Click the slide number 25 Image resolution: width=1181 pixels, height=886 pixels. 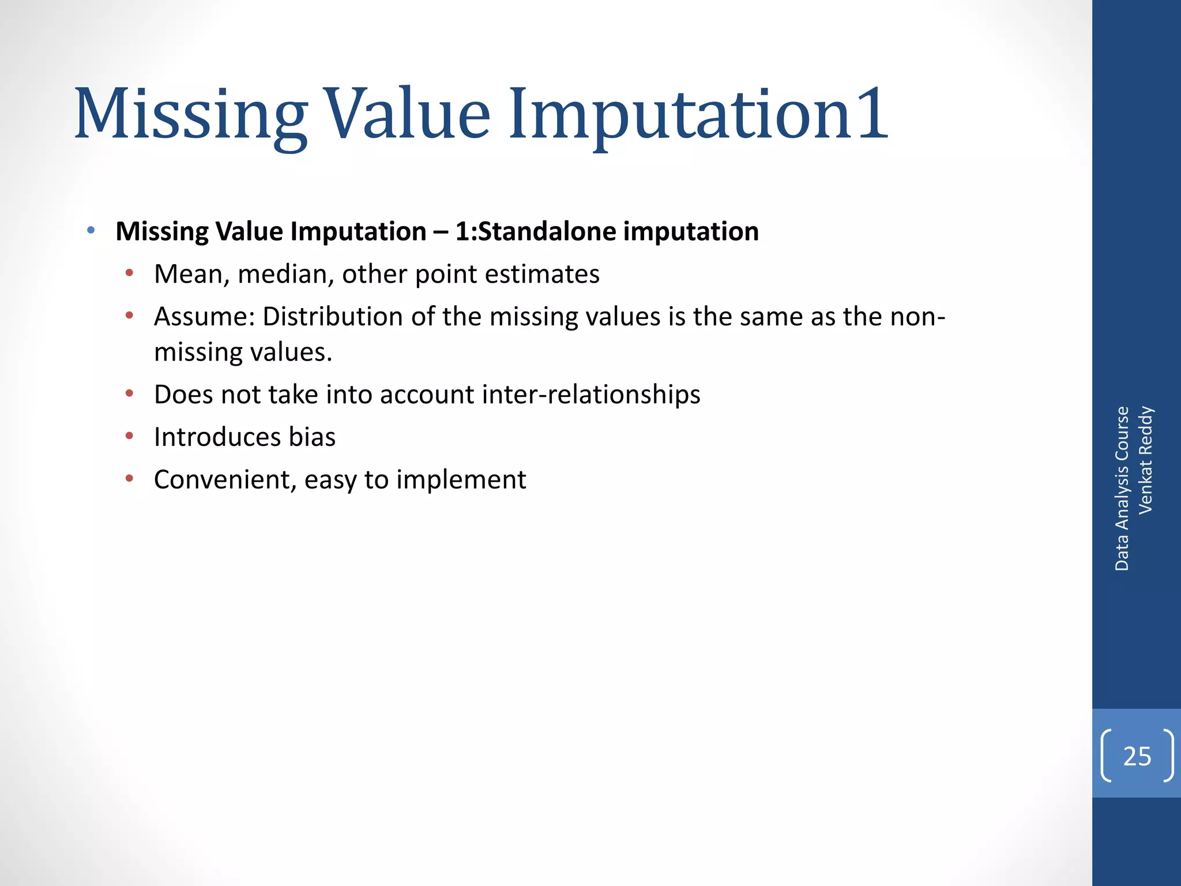point(1137,756)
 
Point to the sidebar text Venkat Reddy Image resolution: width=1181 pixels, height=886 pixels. point(1145,460)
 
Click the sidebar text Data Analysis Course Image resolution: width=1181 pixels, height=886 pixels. point(1122,489)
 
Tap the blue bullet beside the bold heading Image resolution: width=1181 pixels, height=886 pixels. point(91,231)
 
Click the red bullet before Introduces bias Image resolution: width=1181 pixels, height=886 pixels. point(129,436)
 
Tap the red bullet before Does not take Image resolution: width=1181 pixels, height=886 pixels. point(129,394)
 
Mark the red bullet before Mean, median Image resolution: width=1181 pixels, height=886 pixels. point(129,273)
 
